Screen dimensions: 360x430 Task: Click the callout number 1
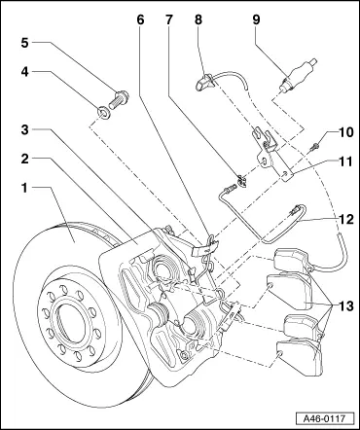click(24, 188)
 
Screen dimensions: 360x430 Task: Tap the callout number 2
click(25, 159)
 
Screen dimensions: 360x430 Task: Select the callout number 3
click(25, 130)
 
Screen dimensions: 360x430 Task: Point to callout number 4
click(25, 72)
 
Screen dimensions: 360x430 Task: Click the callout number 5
click(25, 43)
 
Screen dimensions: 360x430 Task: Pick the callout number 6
click(140, 19)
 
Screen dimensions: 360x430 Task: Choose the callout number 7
click(168, 19)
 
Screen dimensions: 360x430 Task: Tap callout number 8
click(198, 19)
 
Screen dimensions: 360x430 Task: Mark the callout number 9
click(256, 19)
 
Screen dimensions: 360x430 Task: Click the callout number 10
click(346, 132)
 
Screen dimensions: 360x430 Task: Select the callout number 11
click(346, 161)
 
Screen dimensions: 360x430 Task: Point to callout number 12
click(346, 220)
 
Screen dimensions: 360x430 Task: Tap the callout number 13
click(346, 305)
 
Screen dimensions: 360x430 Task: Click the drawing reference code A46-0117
click(324, 418)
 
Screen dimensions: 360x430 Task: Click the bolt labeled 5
click(119, 99)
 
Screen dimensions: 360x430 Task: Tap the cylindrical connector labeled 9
click(297, 75)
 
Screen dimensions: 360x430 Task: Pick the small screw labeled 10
click(315, 147)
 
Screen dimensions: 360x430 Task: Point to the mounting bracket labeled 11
click(271, 154)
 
